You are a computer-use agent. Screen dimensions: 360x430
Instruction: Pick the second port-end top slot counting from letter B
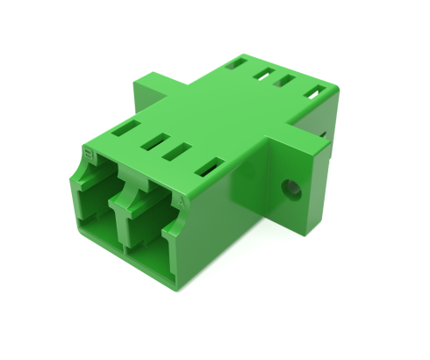(x=159, y=140)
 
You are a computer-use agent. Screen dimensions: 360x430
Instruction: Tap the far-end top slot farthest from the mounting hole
(x=234, y=63)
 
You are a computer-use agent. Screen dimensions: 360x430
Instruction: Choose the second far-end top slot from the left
(x=262, y=74)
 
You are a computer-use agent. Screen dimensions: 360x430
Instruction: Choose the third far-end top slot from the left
(x=283, y=81)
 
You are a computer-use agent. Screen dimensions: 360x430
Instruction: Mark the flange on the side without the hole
(x=149, y=88)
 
